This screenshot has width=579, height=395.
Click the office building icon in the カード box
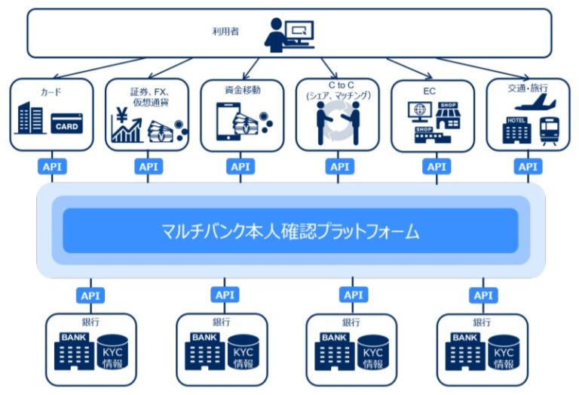click(x=32, y=120)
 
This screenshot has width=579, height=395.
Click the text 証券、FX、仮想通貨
click(x=148, y=97)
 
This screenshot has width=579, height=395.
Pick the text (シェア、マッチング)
click(x=338, y=97)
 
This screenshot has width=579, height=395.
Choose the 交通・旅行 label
click(x=528, y=88)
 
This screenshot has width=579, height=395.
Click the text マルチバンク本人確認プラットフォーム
click(x=290, y=231)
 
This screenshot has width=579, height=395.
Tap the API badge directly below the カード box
click(x=52, y=166)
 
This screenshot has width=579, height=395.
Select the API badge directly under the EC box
click(x=434, y=166)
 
